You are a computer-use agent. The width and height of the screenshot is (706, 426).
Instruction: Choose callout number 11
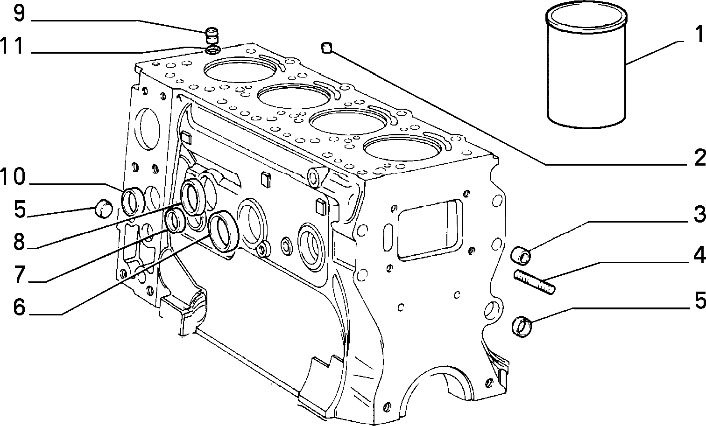pyautogui.click(x=12, y=46)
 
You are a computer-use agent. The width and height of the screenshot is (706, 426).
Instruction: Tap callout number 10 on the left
pyautogui.click(x=12, y=177)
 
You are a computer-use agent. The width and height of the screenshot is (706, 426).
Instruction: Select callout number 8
pyautogui.click(x=19, y=241)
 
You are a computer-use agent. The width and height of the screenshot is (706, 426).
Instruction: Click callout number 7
pyautogui.click(x=19, y=274)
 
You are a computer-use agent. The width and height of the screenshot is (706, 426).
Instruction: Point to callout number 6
pyautogui.click(x=19, y=307)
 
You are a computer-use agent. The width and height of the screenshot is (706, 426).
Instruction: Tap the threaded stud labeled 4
pyautogui.click(x=534, y=282)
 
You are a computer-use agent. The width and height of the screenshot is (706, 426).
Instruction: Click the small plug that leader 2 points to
pyautogui.click(x=326, y=48)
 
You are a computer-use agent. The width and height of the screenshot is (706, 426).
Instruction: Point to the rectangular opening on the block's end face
pyautogui.click(x=430, y=231)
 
